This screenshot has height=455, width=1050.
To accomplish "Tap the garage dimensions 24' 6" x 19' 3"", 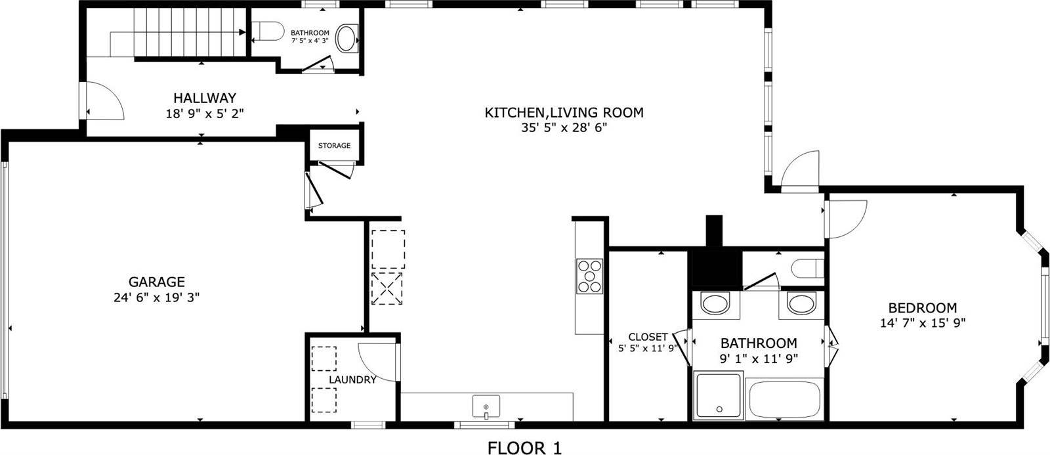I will (156, 297).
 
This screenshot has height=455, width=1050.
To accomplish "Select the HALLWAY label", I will (204, 98).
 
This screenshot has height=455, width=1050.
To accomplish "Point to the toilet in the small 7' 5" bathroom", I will (268, 30).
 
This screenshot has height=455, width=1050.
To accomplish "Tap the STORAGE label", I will (334, 146).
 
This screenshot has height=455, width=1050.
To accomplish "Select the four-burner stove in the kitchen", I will (589, 276).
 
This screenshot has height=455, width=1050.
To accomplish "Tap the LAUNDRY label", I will (352, 379).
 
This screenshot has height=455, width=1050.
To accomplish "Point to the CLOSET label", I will (648, 337).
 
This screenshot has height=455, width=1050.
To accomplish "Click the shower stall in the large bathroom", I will (719, 395).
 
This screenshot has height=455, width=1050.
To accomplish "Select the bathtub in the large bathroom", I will (784, 399).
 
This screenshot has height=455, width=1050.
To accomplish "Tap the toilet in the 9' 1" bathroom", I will (806, 269).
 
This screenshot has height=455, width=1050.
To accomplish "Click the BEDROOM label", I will (922, 307).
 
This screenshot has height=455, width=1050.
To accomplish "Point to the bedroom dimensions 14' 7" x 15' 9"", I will (922, 323).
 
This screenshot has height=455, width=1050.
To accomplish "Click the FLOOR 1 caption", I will (524, 448).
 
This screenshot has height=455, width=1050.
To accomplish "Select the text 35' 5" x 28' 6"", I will (564, 128).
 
